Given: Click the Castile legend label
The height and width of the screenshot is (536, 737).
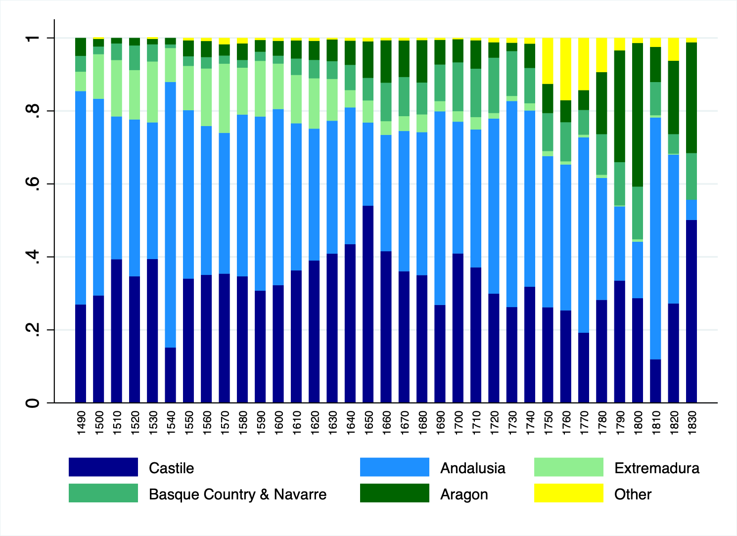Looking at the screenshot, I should pos(171,468).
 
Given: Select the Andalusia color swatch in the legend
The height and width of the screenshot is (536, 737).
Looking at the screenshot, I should pos(394,467).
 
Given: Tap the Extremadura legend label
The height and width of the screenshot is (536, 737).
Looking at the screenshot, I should pos(656,468).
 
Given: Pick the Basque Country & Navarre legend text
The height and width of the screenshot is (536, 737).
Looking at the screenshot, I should pos(237,494).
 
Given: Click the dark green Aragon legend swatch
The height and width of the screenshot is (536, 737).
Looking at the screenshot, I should pos(394,493).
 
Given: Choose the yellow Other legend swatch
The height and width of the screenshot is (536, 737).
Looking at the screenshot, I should pos(568,493).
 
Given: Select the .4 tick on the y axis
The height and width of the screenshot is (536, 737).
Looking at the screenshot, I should pos(33,257).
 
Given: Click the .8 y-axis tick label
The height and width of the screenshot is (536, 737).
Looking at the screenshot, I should pos(33,111).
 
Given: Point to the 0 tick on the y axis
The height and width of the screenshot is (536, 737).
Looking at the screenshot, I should pos(33,403).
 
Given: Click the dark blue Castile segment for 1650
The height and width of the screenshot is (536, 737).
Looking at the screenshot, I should pos(368,304).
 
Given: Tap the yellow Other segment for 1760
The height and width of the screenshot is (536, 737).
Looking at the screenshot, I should pos(566,69).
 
